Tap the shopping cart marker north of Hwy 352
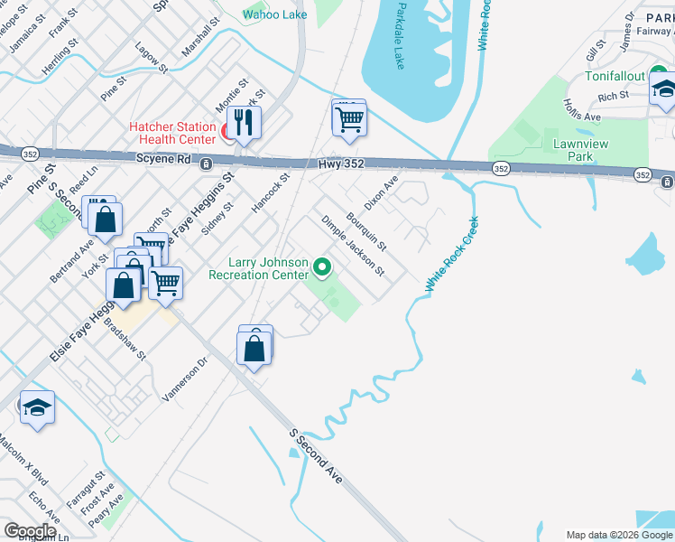coord(349,118)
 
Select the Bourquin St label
coord(366,231)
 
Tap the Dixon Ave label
coord(381,192)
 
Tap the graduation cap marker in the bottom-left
coord(37,407)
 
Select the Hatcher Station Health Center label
coord(172,133)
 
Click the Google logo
coord(30,530)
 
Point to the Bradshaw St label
coord(125,339)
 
